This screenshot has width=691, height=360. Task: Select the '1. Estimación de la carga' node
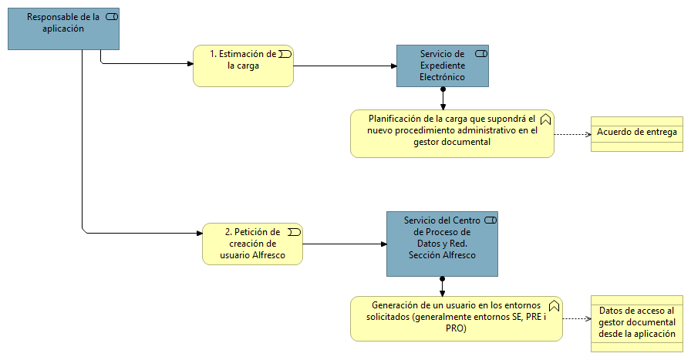243,66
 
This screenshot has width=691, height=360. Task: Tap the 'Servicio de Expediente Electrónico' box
443,65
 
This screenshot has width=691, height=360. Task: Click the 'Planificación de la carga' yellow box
452,133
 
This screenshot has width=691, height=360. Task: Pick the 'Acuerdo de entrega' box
637,133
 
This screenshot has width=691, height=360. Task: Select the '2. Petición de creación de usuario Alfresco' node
252,244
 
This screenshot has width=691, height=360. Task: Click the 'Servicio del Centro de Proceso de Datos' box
443,243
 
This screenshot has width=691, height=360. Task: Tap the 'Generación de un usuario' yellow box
456,318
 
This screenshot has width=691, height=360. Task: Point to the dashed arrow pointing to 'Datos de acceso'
577,318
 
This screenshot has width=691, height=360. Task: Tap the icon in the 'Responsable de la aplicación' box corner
111,18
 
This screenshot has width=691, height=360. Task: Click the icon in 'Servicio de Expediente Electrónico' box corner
480,53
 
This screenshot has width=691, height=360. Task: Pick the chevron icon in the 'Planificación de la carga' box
545,119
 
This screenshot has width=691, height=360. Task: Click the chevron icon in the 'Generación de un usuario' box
554,305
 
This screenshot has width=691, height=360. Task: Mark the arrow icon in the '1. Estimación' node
285,53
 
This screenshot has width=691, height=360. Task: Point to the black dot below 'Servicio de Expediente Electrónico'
443,89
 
